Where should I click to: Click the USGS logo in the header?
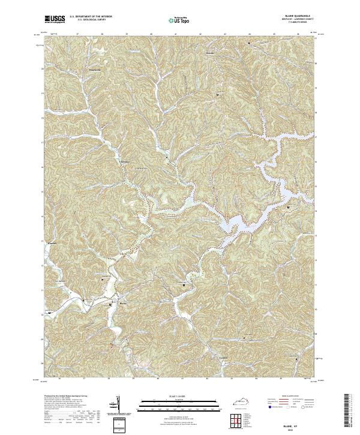coord(55,20)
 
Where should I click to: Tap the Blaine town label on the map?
coord(124,304)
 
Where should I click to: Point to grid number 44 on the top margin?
coord(249,34)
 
